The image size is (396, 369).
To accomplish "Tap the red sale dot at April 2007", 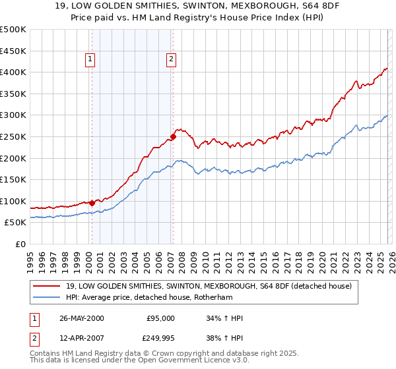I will tap(172, 137).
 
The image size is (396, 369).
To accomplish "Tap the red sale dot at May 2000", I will tap(92, 203).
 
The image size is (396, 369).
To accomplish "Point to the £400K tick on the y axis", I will tap(13, 72).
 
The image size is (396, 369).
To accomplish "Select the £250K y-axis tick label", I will tap(13, 136).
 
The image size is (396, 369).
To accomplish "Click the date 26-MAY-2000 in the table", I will tap(81, 318).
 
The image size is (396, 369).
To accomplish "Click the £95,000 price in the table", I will tap(160, 318).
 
